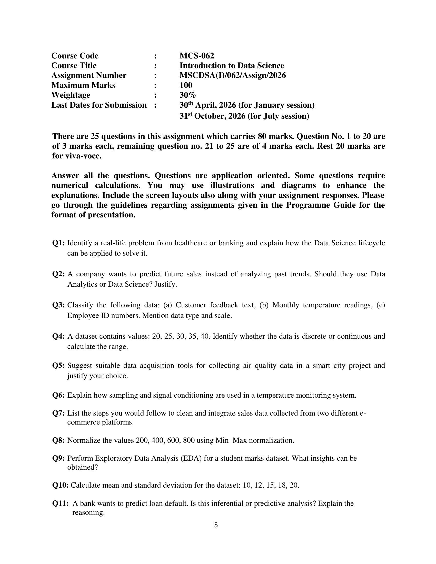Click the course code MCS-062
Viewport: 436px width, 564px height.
[x=196, y=56]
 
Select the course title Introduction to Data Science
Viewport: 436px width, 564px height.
[x=232, y=66]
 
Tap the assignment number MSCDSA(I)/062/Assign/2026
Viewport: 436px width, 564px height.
[x=232, y=75]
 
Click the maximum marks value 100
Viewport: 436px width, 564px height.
[x=186, y=85]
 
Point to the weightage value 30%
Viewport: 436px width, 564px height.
[x=187, y=95]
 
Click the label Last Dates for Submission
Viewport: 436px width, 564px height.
[x=99, y=105]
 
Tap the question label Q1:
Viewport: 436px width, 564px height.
[x=58, y=243]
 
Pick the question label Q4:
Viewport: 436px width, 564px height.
[x=58, y=336]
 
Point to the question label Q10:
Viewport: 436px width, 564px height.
[x=61, y=485]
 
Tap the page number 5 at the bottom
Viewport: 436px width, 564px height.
[x=216, y=525]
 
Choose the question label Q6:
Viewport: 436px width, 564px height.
[x=58, y=395]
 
